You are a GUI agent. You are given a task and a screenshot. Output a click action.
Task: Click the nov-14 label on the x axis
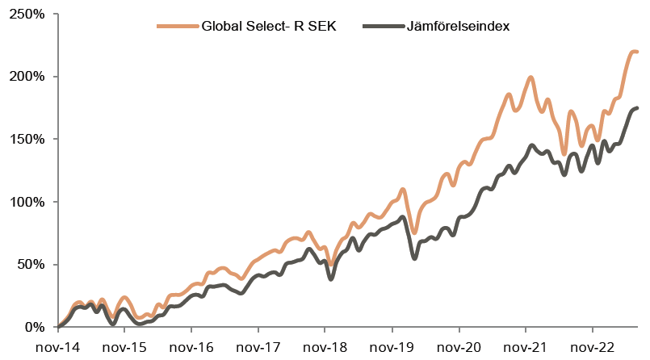[57, 347]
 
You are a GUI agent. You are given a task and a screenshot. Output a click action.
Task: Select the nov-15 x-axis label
[124, 347]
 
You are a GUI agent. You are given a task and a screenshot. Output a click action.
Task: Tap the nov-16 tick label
[191, 347]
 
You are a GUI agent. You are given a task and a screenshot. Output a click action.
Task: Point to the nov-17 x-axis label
[258, 347]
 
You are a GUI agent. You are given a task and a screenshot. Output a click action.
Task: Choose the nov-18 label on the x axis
[325, 347]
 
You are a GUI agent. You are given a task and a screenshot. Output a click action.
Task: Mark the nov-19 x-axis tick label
[392, 347]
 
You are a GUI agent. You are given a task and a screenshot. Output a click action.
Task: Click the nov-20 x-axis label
[459, 347]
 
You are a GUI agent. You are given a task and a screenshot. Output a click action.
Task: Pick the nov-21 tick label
[526, 347]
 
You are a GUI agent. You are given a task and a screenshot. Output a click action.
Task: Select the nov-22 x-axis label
[593, 347]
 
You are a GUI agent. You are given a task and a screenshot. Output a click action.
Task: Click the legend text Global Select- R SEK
[269, 27]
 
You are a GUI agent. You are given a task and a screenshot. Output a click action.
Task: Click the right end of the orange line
[638, 52]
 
